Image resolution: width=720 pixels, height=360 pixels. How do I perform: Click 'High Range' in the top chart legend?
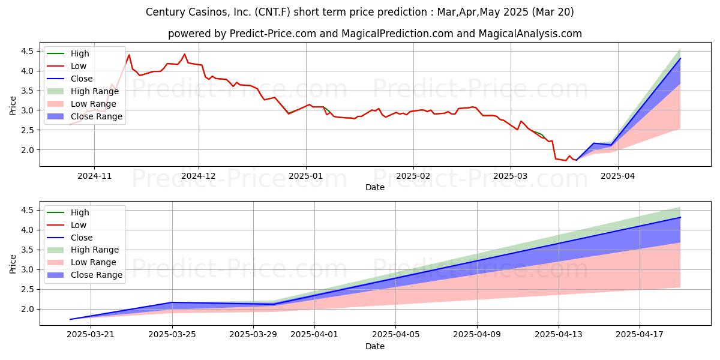pyautogui.click(x=95, y=91)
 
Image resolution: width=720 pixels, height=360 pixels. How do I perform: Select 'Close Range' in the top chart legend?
pyautogui.click(x=97, y=116)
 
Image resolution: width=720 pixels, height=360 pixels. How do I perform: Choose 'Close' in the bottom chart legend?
pyautogui.click(x=82, y=238)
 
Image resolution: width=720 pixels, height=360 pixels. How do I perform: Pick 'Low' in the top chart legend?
pyautogui.click(x=79, y=66)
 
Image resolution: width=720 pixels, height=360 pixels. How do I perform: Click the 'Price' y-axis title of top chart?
pyautogui.click(x=13, y=106)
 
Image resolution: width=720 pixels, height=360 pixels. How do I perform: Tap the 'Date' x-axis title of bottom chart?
pyautogui.click(x=375, y=347)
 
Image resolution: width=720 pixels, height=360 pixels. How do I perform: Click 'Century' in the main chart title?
pyautogui.click(x=166, y=12)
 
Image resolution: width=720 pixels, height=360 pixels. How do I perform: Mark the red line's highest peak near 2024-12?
pyautogui.click(x=184, y=54)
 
